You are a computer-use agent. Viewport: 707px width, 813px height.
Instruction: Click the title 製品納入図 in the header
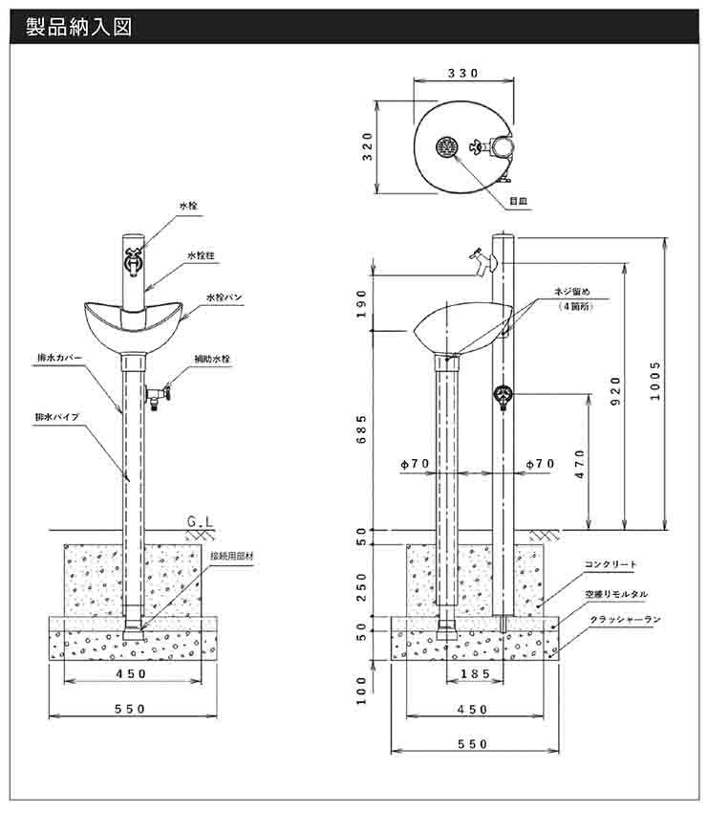[x=79, y=27]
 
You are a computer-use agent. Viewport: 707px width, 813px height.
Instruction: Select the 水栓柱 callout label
[x=203, y=255]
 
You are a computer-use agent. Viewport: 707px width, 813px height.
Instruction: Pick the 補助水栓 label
[x=212, y=359]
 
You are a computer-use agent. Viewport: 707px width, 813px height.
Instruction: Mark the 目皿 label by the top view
[x=519, y=201]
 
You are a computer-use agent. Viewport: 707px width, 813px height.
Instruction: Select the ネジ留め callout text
[x=573, y=291]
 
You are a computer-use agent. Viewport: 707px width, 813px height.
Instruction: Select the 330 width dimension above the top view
[x=462, y=74]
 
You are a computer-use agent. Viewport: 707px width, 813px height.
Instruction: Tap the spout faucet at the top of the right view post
[x=479, y=258]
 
